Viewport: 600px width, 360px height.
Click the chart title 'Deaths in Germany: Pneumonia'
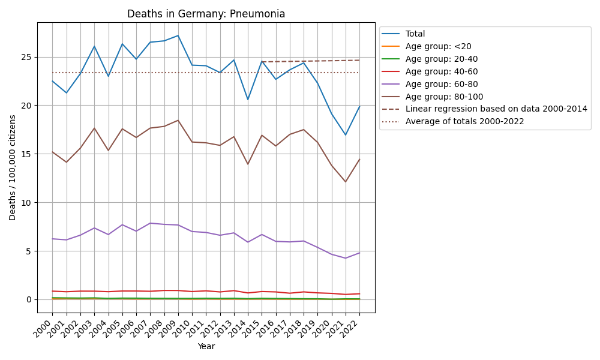(x=206, y=14)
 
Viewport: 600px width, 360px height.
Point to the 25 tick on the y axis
(x=28, y=58)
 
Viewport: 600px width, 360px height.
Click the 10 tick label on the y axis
(x=28, y=203)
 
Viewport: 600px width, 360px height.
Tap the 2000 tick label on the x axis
(x=46, y=328)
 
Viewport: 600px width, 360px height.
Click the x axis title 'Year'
(x=206, y=346)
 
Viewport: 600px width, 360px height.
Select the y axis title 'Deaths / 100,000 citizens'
(x=13, y=167)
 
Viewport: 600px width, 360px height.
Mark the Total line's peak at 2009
(x=178, y=35)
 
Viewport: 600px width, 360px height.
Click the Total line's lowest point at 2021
(x=346, y=135)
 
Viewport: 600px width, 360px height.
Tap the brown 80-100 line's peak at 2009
(x=178, y=120)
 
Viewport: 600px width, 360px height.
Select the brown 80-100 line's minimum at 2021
(x=346, y=182)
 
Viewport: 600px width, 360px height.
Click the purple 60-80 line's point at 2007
(x=150, y=223)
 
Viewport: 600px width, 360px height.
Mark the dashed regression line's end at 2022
(x=359, y=60)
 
